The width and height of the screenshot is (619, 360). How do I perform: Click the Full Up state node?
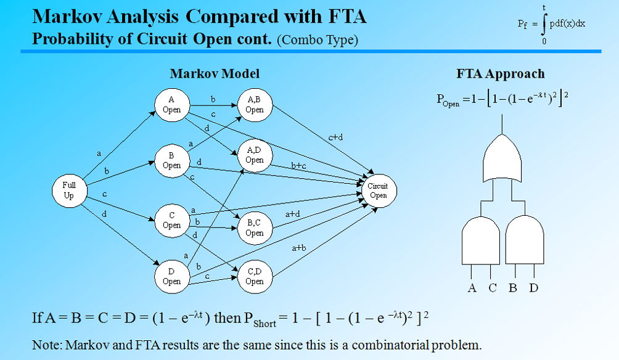pyautogui.click(x=69, y=190)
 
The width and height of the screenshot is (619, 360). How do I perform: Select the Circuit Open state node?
pyautogui.click(x=378, y=190)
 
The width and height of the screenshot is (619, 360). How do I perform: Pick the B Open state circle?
pyautogui.click(x=171, y=160)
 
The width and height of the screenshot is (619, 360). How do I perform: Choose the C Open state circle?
pyautogui.click(x=171, y=220)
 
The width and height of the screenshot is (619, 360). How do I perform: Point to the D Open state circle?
pyautogui.click(x=171, y=276)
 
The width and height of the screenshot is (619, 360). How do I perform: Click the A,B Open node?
pyautogui.click(x=254, y=104)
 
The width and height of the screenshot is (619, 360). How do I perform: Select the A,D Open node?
pyautogui.click(x=254, y=155)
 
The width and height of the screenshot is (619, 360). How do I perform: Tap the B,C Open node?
pyautogui.click(x=254, y=228)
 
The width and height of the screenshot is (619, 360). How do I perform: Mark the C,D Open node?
pyautogui.click(x=254, y=276)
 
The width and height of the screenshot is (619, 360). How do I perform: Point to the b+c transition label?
pyautogui.click(x=298, y=166)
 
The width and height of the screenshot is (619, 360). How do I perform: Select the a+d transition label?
pyautogui.click(x=292, y=214)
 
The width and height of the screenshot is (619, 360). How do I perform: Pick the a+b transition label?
pyautogui.click(x=300, y=248)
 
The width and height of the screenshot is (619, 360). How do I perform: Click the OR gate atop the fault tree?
pyautogui.click(x=504, y=158)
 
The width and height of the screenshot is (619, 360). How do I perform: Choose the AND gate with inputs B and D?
pyautogui.click(x=525, y=240)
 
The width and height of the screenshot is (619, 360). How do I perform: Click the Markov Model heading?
pyautogui.click(x=215, y=74)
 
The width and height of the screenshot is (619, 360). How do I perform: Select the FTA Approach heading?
pyautogui.click(x=500, y=74)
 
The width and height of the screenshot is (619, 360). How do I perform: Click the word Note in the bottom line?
pyautogui.click(x=44, y=345)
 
